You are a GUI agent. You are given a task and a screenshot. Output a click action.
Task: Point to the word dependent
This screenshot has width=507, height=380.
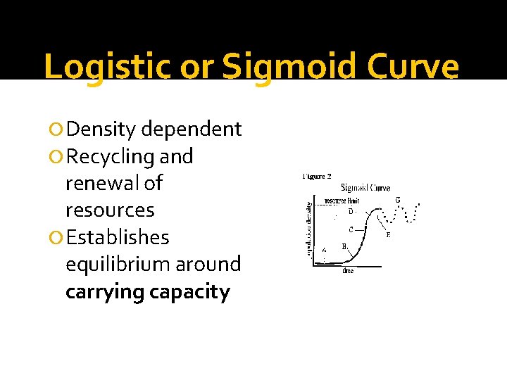tap(192, 129)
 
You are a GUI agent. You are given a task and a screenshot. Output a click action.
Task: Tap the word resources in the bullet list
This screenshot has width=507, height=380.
tap(109, 210)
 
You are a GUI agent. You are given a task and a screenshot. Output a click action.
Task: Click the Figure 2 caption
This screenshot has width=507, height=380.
tap(317, 177)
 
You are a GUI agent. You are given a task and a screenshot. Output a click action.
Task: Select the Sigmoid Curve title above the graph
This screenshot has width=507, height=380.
tap(365, 188)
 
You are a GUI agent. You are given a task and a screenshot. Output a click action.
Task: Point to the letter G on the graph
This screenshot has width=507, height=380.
tap(398, 200)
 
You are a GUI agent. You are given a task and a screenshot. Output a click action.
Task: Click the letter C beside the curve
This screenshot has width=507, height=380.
tap(351, 229)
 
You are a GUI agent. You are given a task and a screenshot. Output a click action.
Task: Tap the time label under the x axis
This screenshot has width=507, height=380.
tap(348, 271)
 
